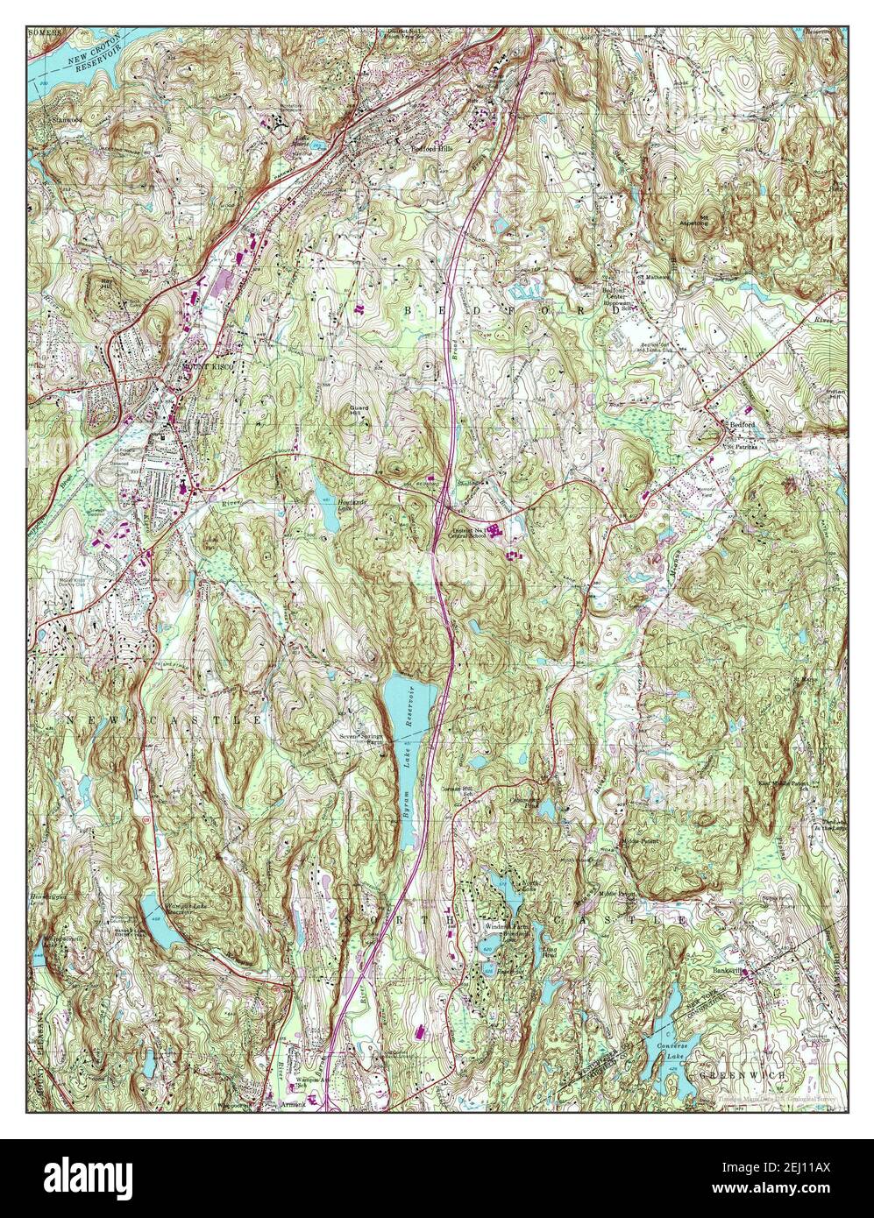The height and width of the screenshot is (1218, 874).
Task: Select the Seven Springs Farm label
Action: (x=363, y=740)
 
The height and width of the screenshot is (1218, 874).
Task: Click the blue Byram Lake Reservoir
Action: (x=409, y=701)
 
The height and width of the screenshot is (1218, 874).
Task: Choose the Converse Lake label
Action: (x=671, y=1051)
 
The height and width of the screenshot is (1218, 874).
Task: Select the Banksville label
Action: (x=728, y=971)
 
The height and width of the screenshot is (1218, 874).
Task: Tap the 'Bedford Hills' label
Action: (x=431, y=149)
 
